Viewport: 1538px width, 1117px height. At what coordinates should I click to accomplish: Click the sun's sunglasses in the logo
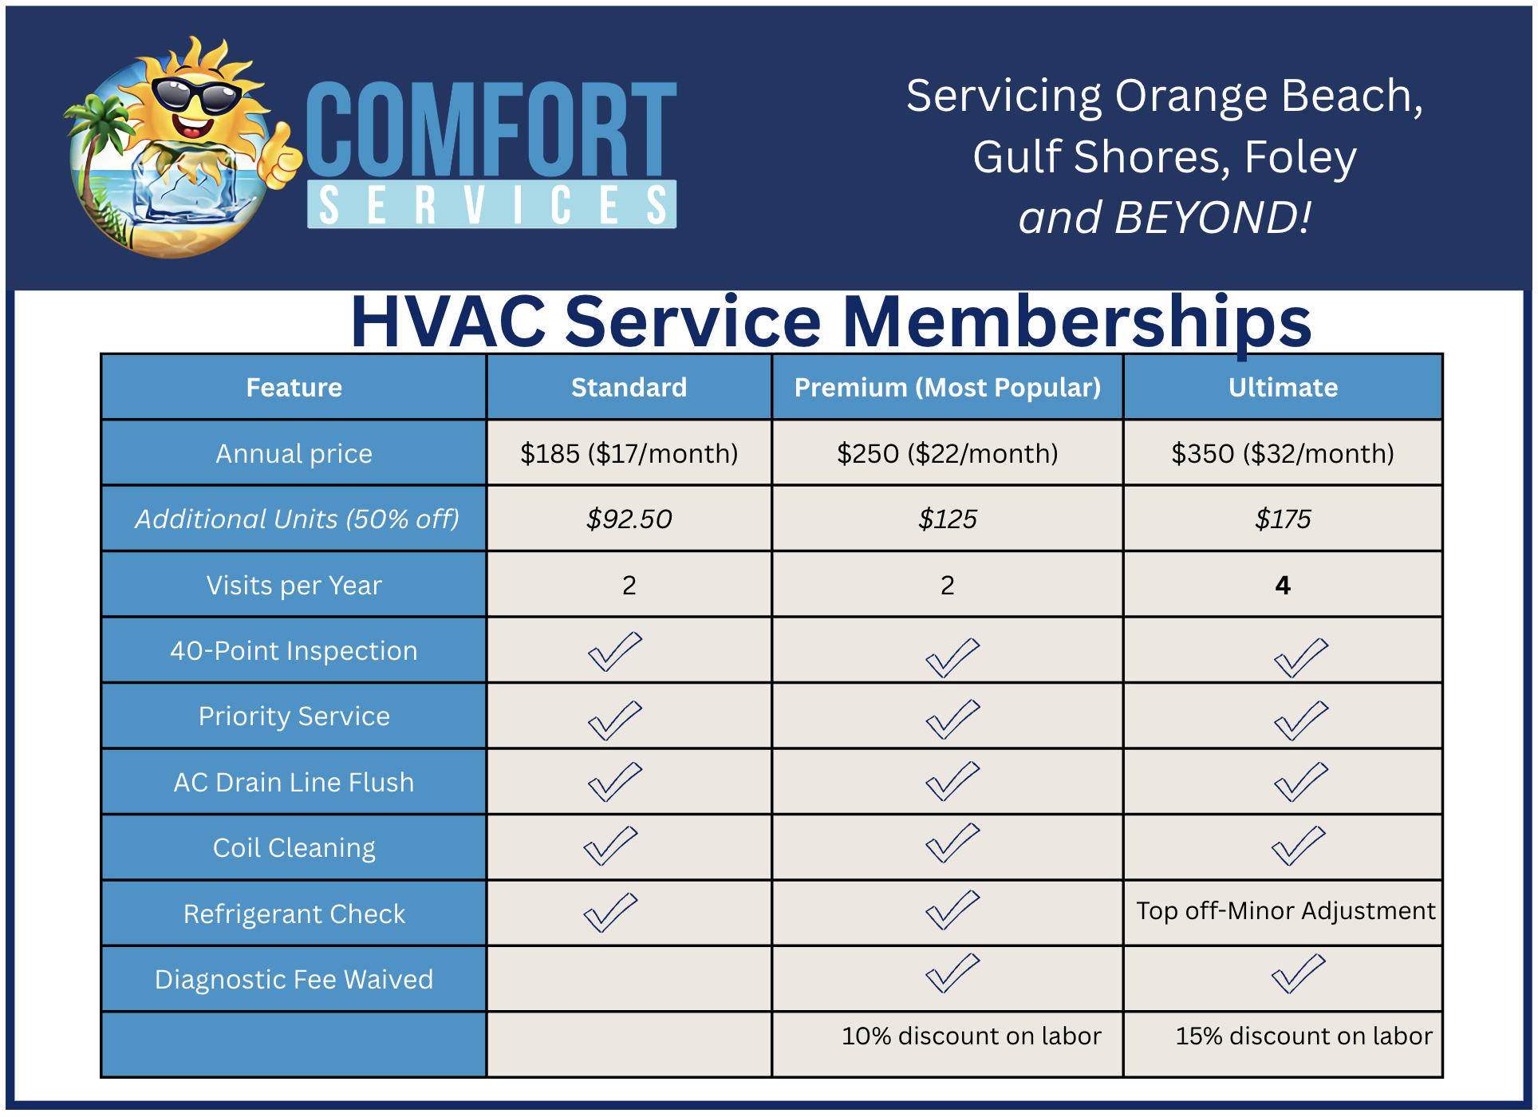point(195,96)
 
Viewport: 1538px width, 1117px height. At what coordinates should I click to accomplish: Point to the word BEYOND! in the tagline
point(1213,217)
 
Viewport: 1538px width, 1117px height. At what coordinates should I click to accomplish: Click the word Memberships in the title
point(1076,322)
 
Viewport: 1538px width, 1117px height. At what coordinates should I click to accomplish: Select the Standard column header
point(629,387)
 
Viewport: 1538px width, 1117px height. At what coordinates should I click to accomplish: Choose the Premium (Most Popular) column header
point(948,388)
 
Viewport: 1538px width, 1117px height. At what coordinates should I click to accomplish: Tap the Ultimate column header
point(1283,387)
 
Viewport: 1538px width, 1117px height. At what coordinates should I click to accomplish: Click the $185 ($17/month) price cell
point(629,453)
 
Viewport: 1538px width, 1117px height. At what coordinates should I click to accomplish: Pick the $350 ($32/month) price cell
point(1283,453)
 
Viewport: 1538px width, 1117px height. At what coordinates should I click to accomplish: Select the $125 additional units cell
point(948,519)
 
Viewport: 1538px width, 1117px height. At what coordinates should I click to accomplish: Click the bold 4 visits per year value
point(1283,585)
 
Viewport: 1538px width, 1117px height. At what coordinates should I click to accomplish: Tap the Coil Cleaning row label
point(294,848)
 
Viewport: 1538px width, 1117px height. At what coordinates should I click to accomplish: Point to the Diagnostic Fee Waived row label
point(294,979)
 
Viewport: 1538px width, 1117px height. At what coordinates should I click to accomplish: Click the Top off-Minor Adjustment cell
point(1285,910)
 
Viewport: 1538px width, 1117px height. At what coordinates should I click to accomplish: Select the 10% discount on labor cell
point(971,1036)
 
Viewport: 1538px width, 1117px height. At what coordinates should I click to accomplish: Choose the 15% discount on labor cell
point(1303,1036)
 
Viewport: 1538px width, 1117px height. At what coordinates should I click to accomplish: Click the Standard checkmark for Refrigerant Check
point(611,913)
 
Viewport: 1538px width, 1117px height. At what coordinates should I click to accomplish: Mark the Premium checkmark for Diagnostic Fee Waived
point(952,973)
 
